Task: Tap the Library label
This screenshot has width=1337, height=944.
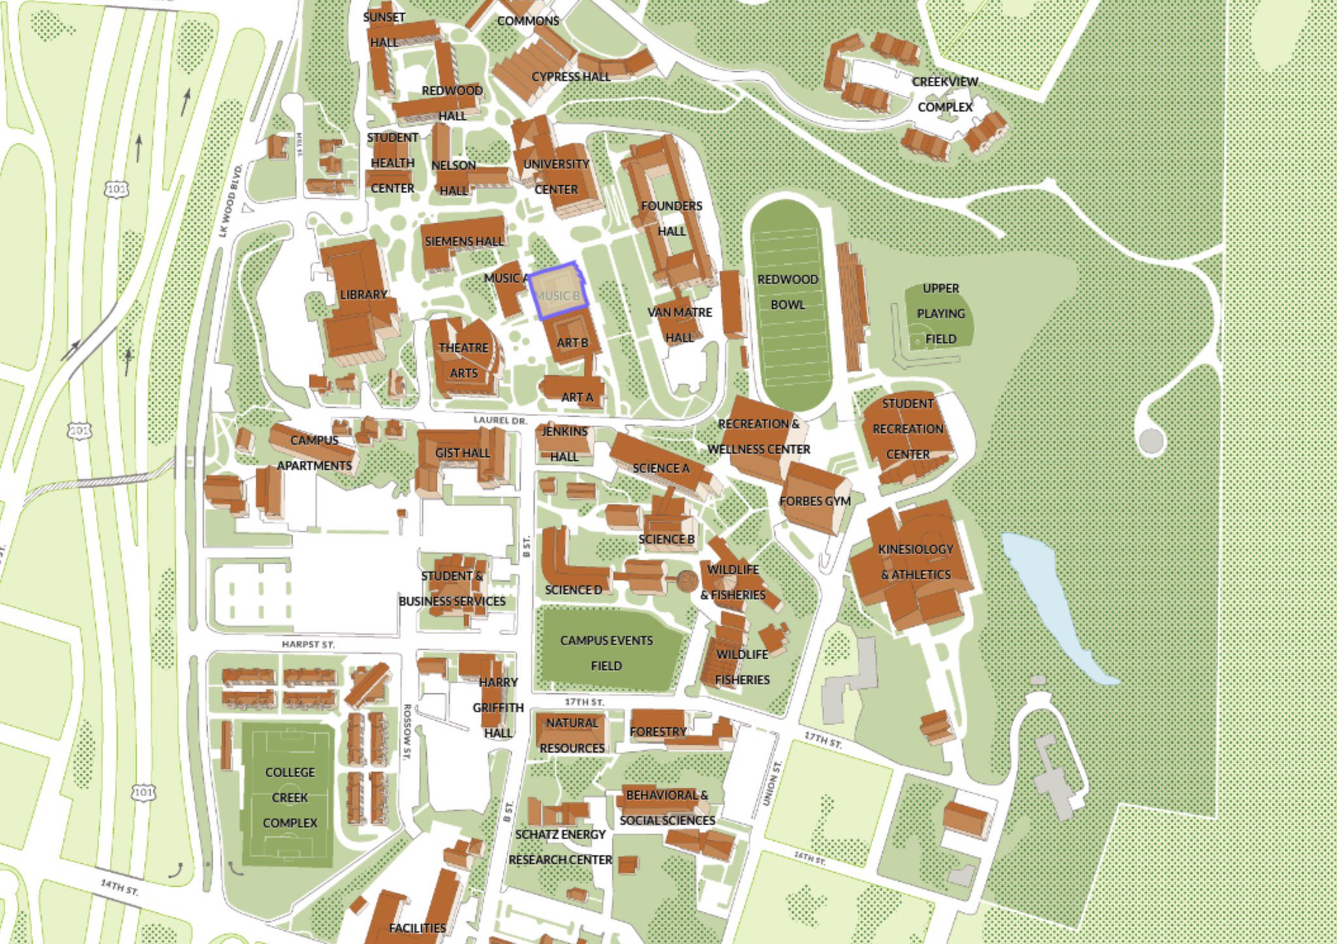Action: [x=363, y=295]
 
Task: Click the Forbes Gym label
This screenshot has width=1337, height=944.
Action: [x=815, y=501]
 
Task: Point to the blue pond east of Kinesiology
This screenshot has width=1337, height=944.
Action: [x=1051, y=607]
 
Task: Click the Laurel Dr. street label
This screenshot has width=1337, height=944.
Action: [x=500, y=420]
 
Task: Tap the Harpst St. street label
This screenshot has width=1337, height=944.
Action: [x=308, y=644]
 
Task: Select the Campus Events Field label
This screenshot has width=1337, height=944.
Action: [x=606, y=653]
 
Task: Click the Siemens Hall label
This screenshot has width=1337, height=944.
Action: [x=464, y=242]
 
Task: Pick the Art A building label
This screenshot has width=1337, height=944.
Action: [x=577, y=397]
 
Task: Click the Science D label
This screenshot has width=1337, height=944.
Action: [x=573, y=590]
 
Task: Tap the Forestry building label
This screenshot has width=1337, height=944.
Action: [x=657, y=732]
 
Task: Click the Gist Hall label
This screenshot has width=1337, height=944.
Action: [x=462, y=453]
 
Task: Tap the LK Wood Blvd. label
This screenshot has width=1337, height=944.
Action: [x=230, y=201]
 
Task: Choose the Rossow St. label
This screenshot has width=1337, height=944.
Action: [x=406, y=731]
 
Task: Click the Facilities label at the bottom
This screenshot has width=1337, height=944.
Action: [x=417, y=928]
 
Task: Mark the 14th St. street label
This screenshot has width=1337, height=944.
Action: [x=119, y=887]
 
